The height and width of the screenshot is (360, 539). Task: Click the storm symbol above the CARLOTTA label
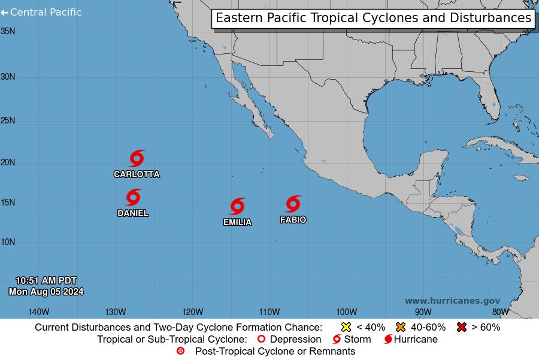137,159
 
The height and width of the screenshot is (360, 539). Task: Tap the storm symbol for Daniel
133,198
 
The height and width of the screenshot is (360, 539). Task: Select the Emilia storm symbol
237,207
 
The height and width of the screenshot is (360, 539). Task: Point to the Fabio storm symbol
293,204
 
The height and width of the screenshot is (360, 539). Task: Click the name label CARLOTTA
137,174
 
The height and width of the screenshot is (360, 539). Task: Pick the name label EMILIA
237,222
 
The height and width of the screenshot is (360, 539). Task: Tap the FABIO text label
293,220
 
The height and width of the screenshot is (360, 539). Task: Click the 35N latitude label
8,31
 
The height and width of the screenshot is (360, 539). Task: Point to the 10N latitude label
8,242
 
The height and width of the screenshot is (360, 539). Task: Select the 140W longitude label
38,311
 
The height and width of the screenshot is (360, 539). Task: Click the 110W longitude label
269,311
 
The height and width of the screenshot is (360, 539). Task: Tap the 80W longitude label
500,311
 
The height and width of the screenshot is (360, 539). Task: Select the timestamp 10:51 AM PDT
46,280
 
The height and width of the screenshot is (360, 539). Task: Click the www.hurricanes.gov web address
452,301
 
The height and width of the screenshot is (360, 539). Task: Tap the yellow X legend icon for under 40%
346,327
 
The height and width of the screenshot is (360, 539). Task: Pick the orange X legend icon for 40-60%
400,327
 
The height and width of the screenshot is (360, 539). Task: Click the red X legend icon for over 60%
461,327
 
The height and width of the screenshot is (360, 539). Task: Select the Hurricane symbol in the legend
388,340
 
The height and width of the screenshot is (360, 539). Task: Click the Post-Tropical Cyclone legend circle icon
181,351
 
